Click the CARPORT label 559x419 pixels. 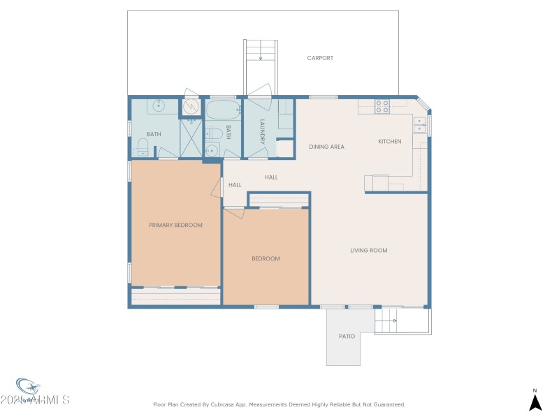click(320, 58)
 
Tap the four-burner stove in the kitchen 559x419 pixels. click(382, 106)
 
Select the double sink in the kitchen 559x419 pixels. click(419, 124)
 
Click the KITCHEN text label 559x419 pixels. click(390, 142)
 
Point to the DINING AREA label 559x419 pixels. click(327, 147)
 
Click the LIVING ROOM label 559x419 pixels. click(368, 250)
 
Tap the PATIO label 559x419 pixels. click(347, 337)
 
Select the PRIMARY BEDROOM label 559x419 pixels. click(175, 225)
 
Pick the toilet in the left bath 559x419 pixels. click(143, 145)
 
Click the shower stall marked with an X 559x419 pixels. click(191, 138)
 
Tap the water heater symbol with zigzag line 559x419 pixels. click(191, 107)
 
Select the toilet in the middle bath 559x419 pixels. click(217, 133)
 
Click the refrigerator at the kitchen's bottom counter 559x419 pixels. click(375, 182)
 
